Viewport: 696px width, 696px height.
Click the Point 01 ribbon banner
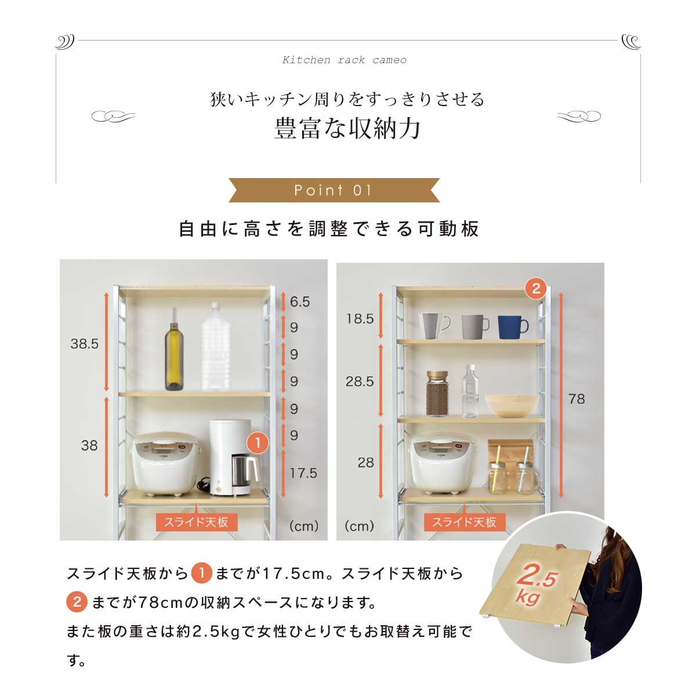[x=334, y=190]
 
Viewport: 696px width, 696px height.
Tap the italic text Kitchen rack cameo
[x=344, y=60]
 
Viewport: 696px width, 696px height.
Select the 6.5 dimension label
[x=300, y=302]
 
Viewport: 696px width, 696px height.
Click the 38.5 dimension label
[x=85, y=344]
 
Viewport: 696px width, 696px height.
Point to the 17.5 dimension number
[x=303, y=473]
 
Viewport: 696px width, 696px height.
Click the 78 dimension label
[x=577, y=398]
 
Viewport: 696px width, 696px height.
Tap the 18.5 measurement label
[x=360, y=318]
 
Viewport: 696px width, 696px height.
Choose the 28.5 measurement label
[x=360, y=382]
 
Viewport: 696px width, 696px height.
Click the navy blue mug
[x=512, y=327]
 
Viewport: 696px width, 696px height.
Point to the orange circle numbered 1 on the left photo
[x=258, y=443]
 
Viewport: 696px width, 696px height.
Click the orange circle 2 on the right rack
[x=536, y=288]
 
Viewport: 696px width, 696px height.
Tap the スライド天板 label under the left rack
[x=197, y=522]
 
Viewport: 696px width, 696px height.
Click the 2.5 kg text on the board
[x=535, y=585]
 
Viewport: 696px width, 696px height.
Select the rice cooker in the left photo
[x=165, y=464]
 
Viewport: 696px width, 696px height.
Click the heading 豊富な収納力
[x=347, y=129]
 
